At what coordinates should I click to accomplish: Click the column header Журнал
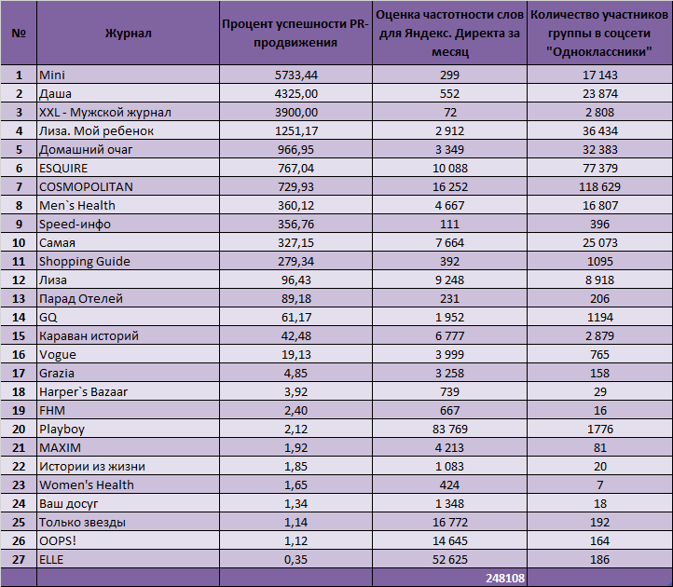click(128, 34)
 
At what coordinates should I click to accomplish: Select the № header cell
click(19, 34)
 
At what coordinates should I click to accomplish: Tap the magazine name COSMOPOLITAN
click(86, 187)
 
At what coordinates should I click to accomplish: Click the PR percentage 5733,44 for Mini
click(296, 75)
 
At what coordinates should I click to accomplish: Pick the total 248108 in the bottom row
click(505, 578)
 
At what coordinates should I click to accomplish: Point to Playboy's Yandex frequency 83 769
click(450, 430)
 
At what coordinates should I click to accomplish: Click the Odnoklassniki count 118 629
click(599, 187)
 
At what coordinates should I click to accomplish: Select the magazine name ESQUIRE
click(63, 169)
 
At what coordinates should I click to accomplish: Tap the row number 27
click(19, 560)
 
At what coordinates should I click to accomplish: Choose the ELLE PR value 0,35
click(295, 560)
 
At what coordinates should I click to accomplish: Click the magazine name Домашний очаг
click(86, 150)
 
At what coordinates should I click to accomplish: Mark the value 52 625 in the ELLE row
click(450, 560)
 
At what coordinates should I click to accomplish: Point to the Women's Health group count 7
click(599, 485)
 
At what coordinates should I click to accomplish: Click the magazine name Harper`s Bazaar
click(83, 391)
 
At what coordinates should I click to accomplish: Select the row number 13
click(19, 299)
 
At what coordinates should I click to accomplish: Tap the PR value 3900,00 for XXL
click(296, 113)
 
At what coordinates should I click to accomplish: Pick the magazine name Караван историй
click(89, 336)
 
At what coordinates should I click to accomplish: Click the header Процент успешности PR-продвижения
click(295, 34)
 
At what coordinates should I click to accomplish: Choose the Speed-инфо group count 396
click(599, 224)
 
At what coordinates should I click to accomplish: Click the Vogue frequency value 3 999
click(450, 354)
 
